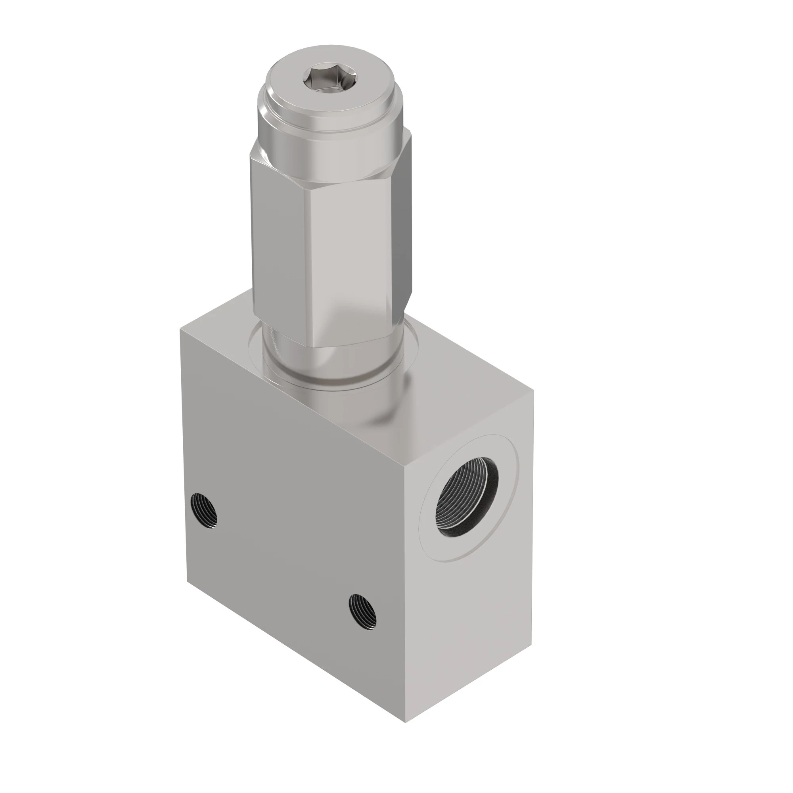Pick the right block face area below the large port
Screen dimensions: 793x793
472,616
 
